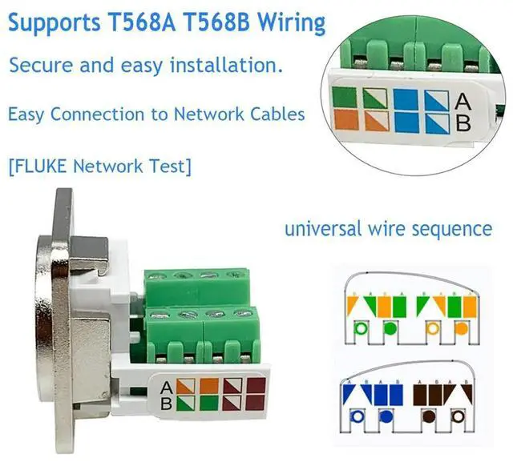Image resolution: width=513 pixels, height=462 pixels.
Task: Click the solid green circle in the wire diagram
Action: (390, 328)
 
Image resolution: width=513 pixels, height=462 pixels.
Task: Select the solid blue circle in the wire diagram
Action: (385, 416)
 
